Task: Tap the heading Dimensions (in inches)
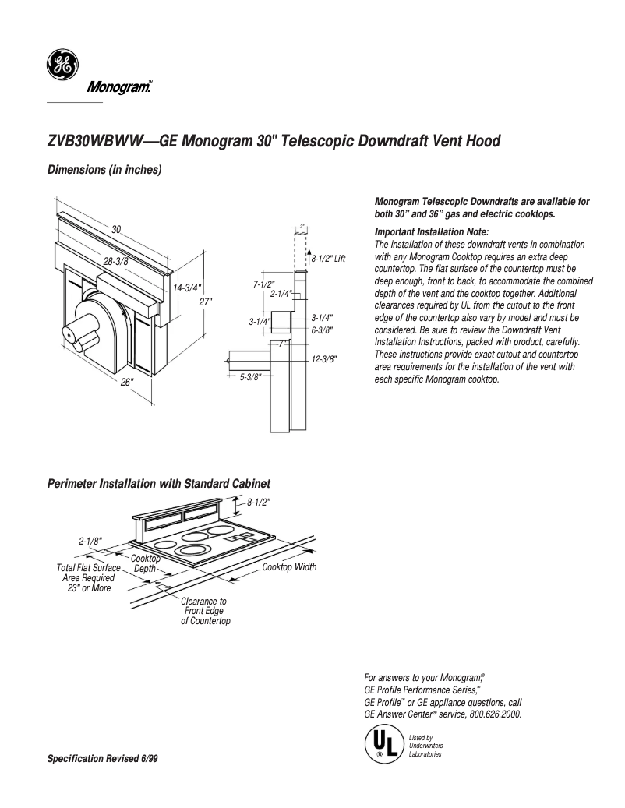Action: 104,170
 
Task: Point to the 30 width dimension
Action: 116,230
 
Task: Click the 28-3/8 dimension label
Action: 115,261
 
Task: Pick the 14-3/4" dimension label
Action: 187,288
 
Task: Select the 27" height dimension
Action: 205,301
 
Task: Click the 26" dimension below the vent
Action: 127,382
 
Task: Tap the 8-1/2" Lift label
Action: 328,258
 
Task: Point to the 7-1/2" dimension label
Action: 265,284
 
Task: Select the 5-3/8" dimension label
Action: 250,376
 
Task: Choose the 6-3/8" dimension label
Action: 322,330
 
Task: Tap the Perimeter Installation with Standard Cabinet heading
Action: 159,484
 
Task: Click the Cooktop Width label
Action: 289,567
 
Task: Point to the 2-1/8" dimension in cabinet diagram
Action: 90,540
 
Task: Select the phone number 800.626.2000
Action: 496,714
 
